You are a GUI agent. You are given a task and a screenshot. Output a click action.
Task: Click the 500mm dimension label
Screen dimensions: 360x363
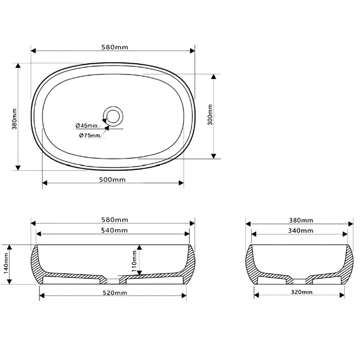click(112, 179)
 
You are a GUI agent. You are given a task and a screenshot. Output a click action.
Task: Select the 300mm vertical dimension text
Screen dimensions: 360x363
click(210, 115)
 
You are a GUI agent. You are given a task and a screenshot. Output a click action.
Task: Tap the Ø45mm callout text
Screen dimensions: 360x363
click(87, 125)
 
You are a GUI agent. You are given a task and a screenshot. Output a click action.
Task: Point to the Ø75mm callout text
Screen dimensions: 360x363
click(90, 136)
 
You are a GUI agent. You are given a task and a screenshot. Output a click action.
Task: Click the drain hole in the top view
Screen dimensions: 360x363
click(113, 116)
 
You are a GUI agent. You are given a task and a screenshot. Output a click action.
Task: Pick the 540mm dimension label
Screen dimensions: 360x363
click(114, 230)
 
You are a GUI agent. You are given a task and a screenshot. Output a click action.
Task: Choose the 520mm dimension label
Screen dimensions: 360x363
click(115, 293)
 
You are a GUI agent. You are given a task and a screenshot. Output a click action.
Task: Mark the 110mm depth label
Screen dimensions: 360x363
click(134, 261)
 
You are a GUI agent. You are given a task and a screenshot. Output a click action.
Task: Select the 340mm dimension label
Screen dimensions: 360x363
click(301, 231)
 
